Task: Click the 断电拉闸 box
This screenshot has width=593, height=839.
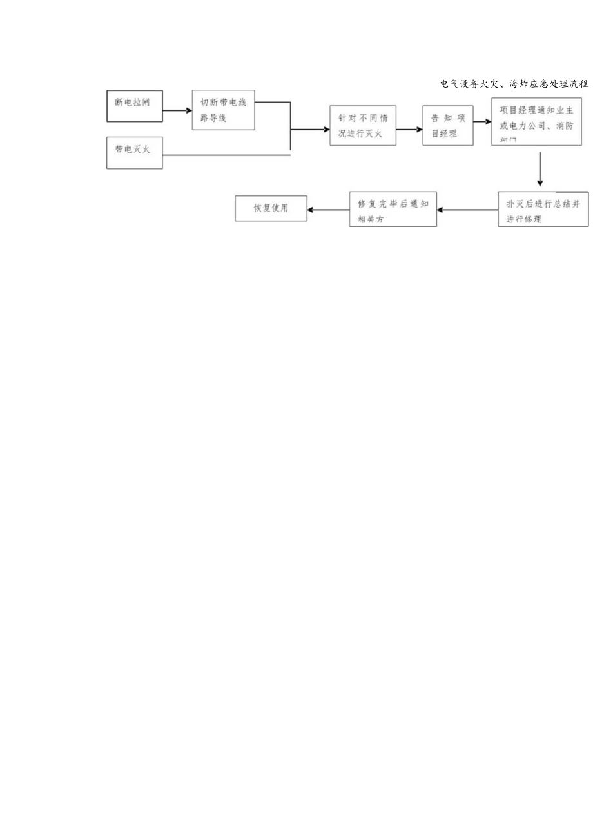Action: coord(134,106)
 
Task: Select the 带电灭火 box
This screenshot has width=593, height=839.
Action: coord(134,153)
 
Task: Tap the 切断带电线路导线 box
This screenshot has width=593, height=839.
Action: coord(223,110)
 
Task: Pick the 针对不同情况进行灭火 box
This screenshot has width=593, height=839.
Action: coord(362,125)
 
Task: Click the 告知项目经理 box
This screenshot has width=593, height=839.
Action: coord(448,125)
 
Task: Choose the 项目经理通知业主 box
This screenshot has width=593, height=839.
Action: coord(536,122)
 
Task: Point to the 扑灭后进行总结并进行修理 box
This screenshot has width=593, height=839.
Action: coord(543,209)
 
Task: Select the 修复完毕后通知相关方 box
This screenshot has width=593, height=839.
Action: coord(393,209)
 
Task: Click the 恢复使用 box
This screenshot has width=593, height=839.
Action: coord(271,208)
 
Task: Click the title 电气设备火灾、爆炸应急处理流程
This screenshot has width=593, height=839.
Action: coord(514,84)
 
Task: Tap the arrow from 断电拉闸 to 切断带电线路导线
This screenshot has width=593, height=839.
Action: coord(177,110)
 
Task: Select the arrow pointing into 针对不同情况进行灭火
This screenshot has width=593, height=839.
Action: coord(310,129)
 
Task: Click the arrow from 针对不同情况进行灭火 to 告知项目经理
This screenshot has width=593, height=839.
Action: coord(409,129)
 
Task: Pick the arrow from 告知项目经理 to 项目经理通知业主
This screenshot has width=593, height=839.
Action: coord(482,122)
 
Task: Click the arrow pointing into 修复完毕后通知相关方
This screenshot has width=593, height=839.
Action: coord(467,210)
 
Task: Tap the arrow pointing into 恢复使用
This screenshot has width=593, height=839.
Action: coord(328,210)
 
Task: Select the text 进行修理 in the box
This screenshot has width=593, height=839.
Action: coord(523,219)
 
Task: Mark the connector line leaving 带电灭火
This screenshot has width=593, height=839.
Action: coord(226,155)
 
